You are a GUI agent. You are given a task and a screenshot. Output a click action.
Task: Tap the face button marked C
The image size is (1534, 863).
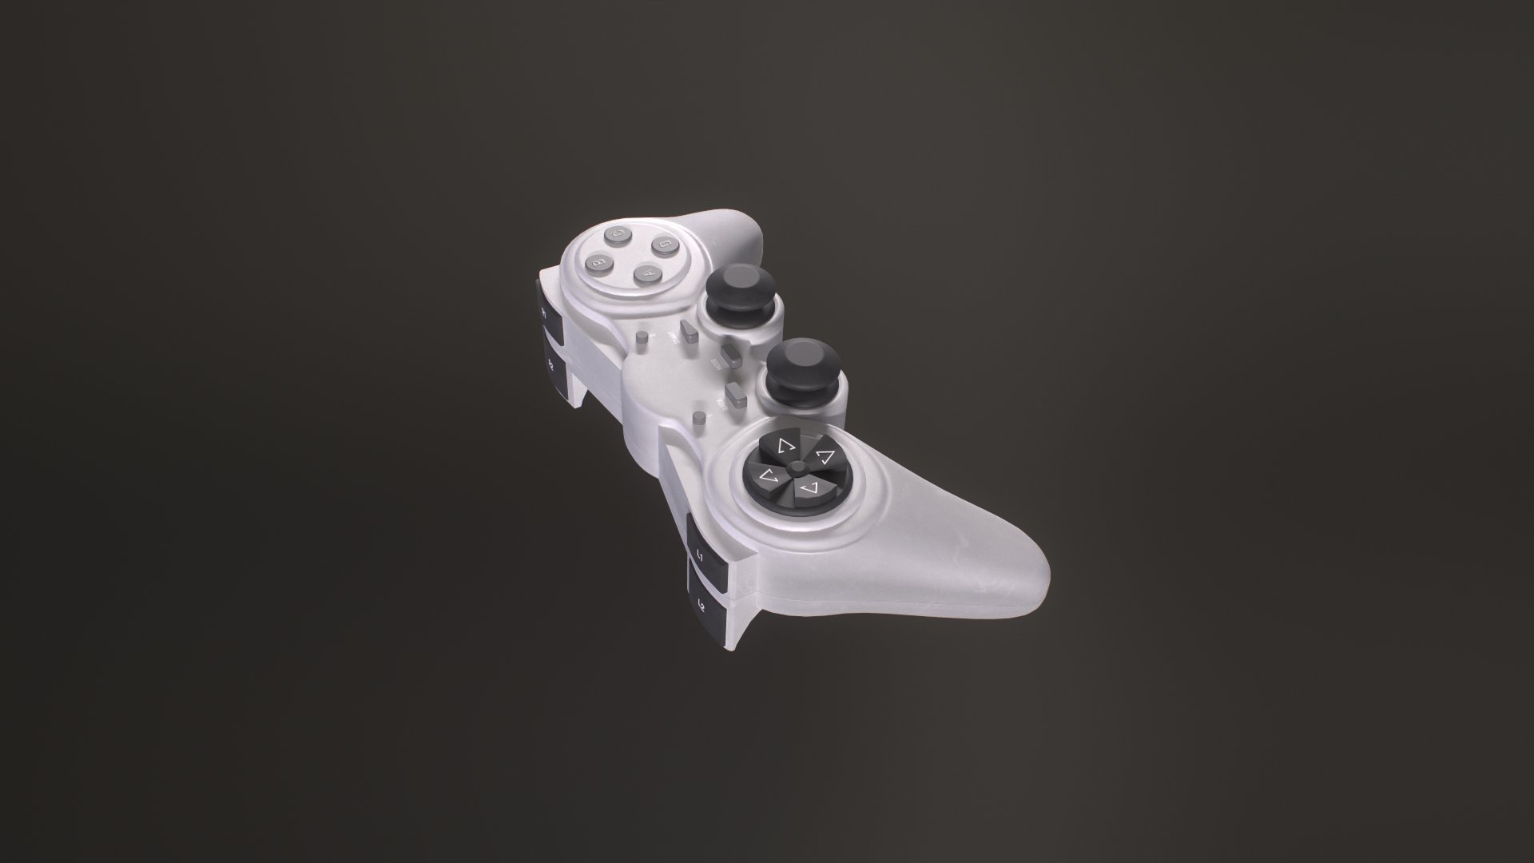[618, 234]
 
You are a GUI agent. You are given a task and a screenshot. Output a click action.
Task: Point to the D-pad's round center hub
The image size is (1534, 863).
[797, 466]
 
